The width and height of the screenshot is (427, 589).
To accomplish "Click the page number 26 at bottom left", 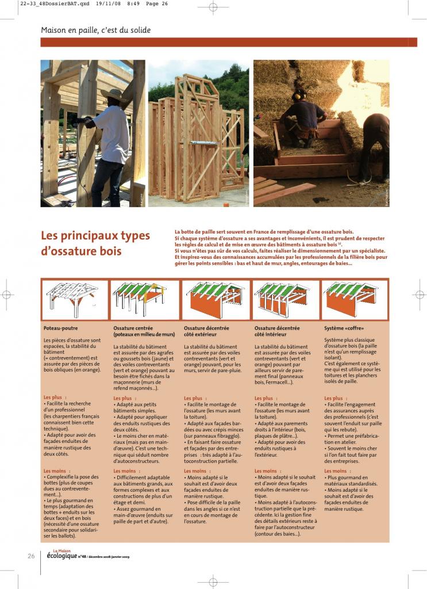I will point(32,556).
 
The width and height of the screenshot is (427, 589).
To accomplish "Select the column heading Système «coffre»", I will point(344,327).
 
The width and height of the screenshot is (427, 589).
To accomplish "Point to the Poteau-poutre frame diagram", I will point(74,299).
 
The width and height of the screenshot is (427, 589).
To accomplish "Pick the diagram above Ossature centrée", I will point(144,299).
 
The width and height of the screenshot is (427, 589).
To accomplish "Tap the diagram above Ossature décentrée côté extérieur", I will point(215,299).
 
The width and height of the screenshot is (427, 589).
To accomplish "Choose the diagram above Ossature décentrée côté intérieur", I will point(286,299).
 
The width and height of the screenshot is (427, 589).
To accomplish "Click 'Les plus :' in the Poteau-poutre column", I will point(55,397).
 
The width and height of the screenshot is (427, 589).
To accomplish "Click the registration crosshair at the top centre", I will point(213,7).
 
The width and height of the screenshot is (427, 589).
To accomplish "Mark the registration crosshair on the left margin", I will point(6,294).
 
